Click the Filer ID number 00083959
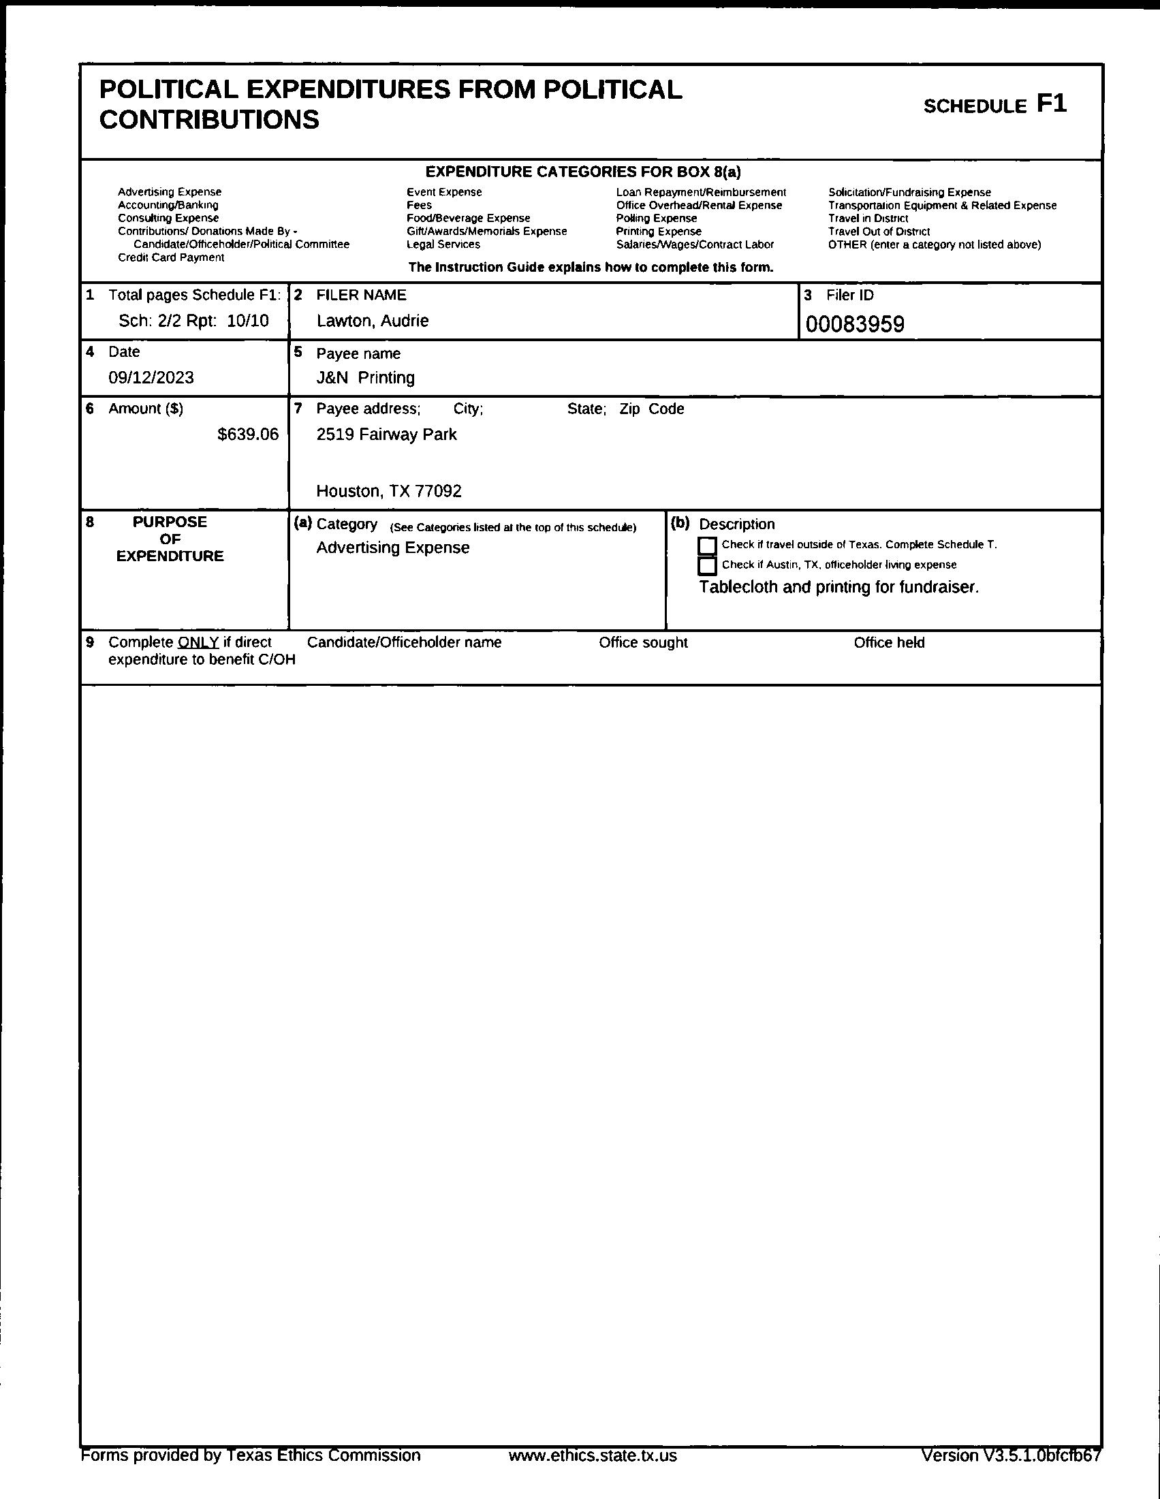click(855, 324)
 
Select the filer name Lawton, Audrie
click(372, 321)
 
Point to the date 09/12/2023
click(151, 377)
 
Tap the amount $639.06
click(248, 434)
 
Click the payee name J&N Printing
click(365, 377)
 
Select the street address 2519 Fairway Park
click(386, 434)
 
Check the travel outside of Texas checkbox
click(707, 546)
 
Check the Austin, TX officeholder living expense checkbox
click(707, 565)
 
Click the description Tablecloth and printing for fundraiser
click(838, 588)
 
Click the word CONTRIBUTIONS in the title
click(209, 119)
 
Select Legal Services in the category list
click(443, 244)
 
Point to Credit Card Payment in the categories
click(171, 257)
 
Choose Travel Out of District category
click(879, 232)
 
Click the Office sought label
click(643, 642)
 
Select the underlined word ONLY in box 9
click(198, 642)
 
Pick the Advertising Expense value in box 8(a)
click(392, 548)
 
